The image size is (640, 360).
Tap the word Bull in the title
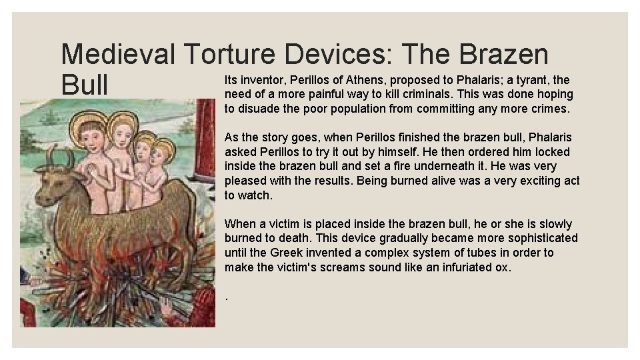84,85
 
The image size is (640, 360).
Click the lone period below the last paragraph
227,298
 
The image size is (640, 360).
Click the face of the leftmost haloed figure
89,136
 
